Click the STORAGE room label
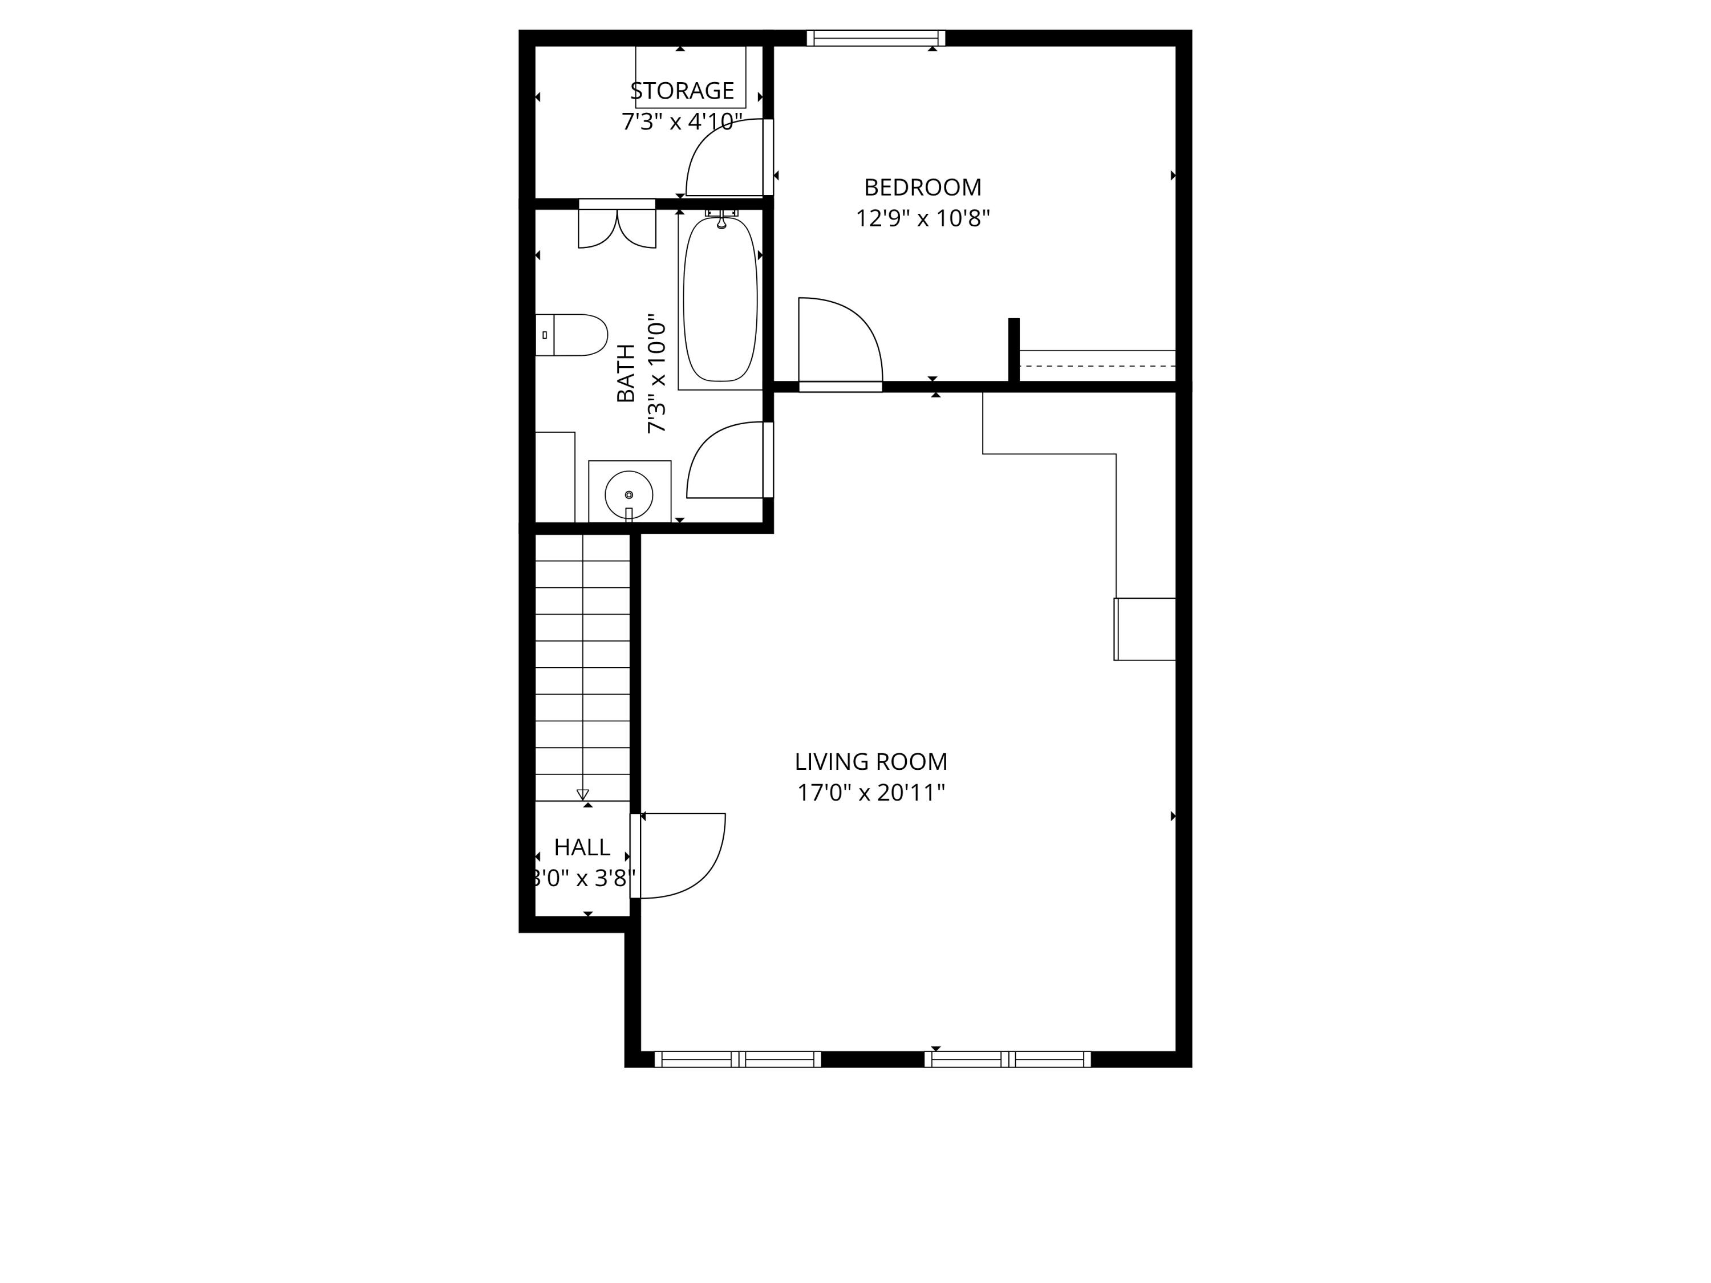682,91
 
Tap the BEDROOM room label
922,187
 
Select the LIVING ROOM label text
871,762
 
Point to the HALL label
582,847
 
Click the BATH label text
625,373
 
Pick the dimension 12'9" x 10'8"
922,219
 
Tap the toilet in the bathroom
573,335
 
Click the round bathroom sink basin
628,494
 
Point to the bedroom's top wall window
875,38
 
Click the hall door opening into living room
680,855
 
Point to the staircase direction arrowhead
582,794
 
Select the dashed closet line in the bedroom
1097,366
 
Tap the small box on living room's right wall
1145,629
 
